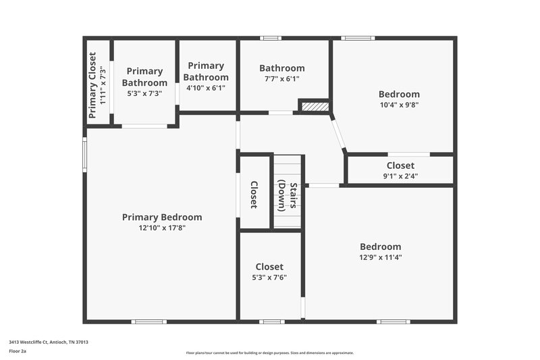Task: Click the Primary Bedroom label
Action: coord(162,217)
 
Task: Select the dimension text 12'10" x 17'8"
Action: coord(162,228)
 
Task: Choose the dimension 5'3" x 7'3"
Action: coord(144,94)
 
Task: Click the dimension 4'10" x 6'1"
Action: coord(206,88)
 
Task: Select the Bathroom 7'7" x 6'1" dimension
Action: coord(282,79)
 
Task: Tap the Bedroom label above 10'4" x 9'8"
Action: coord(399,95)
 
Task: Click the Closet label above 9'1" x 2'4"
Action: coord(400,165)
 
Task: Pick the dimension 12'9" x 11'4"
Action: coord(380,257)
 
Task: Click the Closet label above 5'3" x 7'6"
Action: coord(269,267)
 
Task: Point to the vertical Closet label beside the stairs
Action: coord(254,194)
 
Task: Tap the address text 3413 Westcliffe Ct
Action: coord(49,342)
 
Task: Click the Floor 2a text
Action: coord(18,351)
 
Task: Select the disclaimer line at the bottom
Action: coord(270,353)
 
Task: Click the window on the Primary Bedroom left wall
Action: coord(85,155)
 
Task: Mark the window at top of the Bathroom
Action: coord(271,38)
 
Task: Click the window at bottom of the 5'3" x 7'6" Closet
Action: coord(271,322)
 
